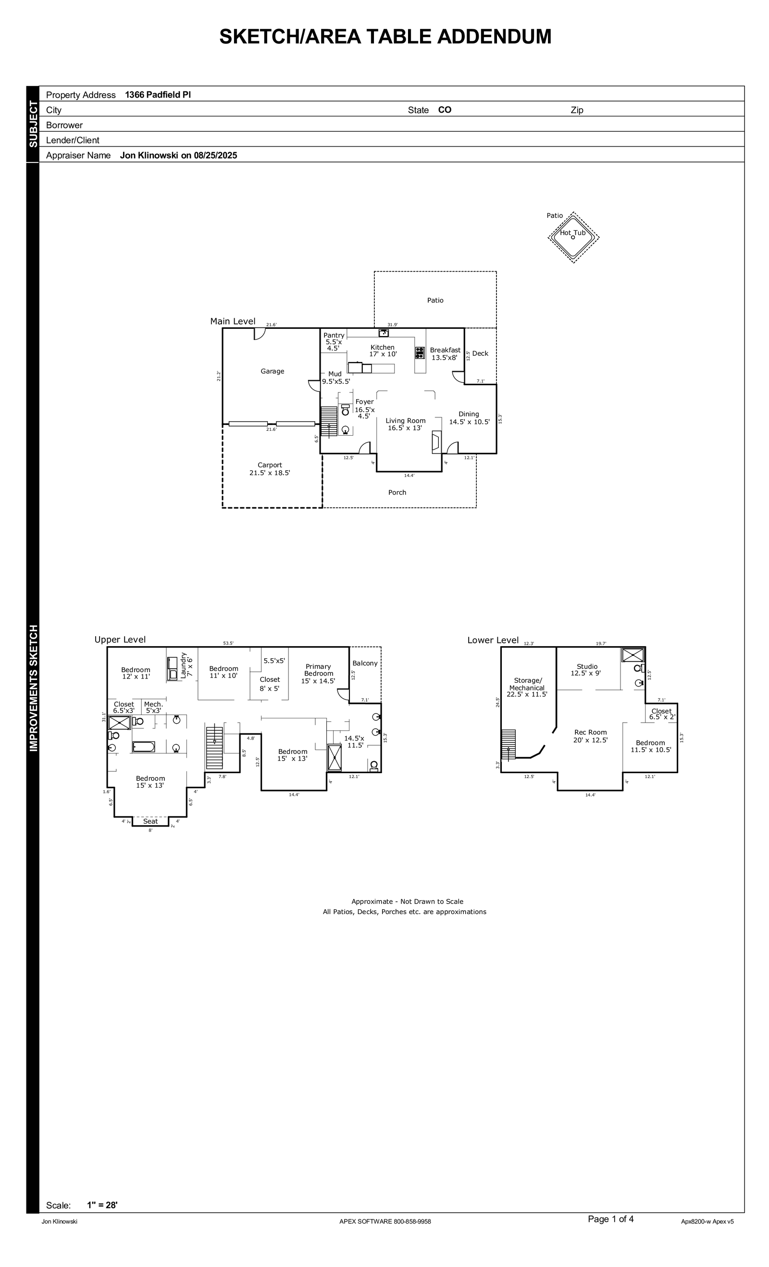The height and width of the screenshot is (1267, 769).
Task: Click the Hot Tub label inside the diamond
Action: click(572, 233)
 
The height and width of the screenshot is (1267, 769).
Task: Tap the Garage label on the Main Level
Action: click(273, 371)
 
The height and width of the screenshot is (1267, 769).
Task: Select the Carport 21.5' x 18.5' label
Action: click(270, 469)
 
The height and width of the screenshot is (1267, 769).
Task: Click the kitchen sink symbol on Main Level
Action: click(384, 333)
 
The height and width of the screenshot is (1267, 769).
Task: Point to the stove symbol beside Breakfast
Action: click(420, 353)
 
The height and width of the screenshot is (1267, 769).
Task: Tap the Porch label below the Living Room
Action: click(397, 492)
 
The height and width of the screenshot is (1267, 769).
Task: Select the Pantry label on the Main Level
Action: click(334, 335)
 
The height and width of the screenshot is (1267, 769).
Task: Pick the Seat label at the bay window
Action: click(150, 821)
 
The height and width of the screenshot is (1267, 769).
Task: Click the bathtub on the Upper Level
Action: click(143, 747)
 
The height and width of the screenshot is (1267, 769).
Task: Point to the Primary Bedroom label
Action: click(318, 670)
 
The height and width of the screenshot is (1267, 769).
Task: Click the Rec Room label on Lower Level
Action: click(591, 732)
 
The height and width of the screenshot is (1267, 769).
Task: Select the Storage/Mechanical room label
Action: click(527, 684)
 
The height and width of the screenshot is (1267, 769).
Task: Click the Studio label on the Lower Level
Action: click(587, 666)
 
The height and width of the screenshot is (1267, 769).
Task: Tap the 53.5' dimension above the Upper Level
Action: click(228, 643)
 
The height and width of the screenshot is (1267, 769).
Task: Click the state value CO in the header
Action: click(445, 110)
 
